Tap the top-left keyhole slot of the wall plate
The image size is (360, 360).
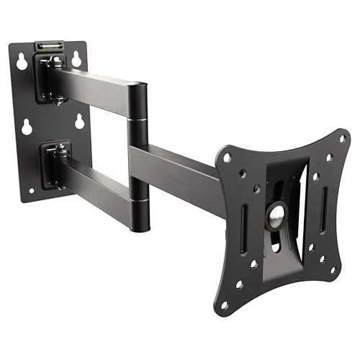pos(22,63)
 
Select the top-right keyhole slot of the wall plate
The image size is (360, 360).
pos(76,59)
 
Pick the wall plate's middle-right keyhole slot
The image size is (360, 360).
pos(78,122)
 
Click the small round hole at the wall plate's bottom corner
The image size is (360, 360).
pos(31,190)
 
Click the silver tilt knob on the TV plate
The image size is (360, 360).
pos(274,215)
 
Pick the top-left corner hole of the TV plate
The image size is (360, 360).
pos(228,156)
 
